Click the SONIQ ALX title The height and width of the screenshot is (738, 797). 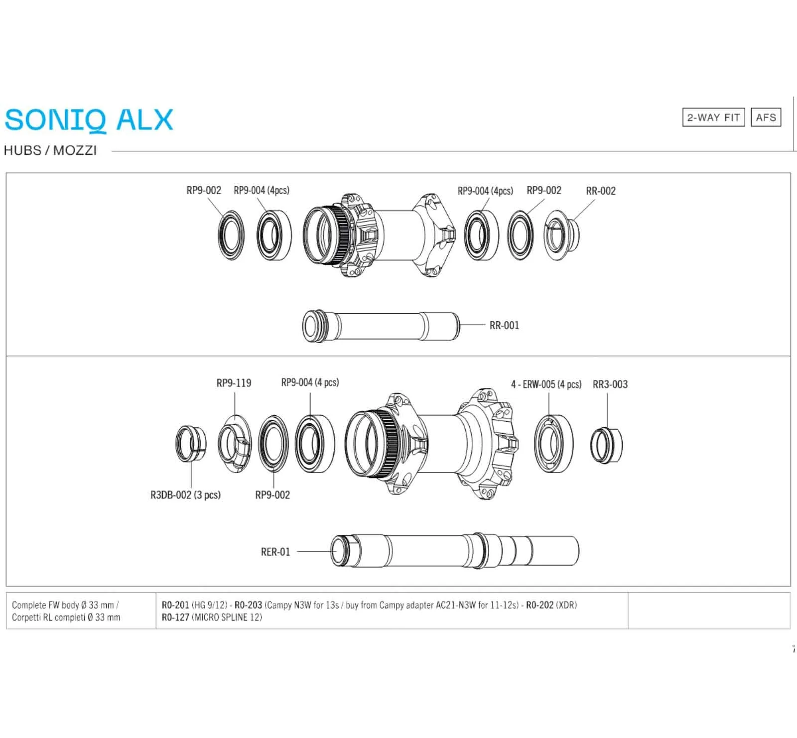pos(89,120)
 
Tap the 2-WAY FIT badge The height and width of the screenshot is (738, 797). pos(713,118)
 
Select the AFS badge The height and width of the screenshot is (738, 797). pos(766,118)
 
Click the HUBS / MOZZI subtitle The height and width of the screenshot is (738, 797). pos(50,150)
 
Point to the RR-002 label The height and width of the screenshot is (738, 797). pos(601,191)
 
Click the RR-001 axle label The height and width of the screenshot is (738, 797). pos(504,325)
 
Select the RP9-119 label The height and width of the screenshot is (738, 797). pos(234,383)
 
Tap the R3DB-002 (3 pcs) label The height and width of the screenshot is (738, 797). pos(185,495)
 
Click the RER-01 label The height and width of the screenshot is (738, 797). pos(275,552)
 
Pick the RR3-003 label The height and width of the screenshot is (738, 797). pos(610,384)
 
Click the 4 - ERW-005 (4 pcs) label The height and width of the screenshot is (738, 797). pos(546,384)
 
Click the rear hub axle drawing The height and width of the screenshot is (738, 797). pos(454,551)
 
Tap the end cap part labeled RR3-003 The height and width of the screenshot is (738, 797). pos(606,445)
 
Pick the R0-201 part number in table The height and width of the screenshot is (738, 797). pos(175,605)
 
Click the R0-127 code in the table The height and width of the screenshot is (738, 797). pos(175,617)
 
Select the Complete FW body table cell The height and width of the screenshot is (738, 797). pos(66,611)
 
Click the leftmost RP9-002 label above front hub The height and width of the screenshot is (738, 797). pos(204,190)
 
